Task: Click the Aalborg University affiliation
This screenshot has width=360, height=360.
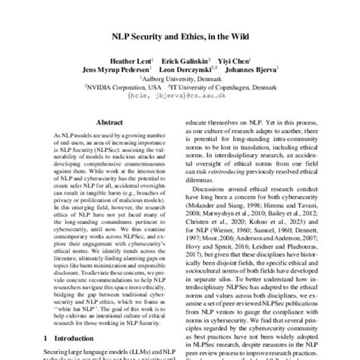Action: click(179, 77)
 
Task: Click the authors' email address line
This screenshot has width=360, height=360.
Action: click(179, 96)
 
